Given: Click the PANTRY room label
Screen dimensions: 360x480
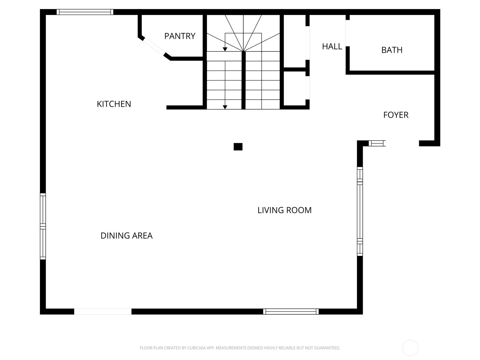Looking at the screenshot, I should [x=180, y=36].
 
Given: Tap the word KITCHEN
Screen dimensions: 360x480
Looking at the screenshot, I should [x=114, y=104].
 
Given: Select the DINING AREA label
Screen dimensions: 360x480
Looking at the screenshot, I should [x=126, y=236].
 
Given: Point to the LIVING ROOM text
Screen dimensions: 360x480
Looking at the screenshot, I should [x=284, y=210].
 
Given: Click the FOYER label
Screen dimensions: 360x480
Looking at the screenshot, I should [x=396, y=115].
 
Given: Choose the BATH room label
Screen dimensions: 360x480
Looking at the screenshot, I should [x=392, y=50].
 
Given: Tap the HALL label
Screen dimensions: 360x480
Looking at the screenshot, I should [x=332, y=46].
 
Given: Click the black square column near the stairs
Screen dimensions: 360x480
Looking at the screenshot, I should [x=238, y=147].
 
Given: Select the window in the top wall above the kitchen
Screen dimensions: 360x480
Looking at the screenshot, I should [x=85, y=12].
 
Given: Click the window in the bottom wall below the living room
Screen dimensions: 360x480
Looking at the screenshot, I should [x=291, y=311].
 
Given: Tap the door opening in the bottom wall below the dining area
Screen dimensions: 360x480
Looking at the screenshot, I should [x=103, y=311].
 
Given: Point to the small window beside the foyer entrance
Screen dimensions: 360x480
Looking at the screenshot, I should [x=377, y=143].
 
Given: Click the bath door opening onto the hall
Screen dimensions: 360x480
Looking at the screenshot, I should [x=348, y=33].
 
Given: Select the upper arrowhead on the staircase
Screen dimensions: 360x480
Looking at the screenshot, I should [x=225, y=49].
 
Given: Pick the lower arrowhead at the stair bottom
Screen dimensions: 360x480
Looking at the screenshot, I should [x=225, y=107].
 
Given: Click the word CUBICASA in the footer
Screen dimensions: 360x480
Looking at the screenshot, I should [x=196, y=348].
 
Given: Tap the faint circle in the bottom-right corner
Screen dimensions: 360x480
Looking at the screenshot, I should [x=410, y=348].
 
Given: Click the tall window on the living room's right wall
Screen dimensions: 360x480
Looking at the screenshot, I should [x=360, y=211].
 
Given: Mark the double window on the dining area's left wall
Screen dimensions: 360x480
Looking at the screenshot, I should [x=43, y=226].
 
